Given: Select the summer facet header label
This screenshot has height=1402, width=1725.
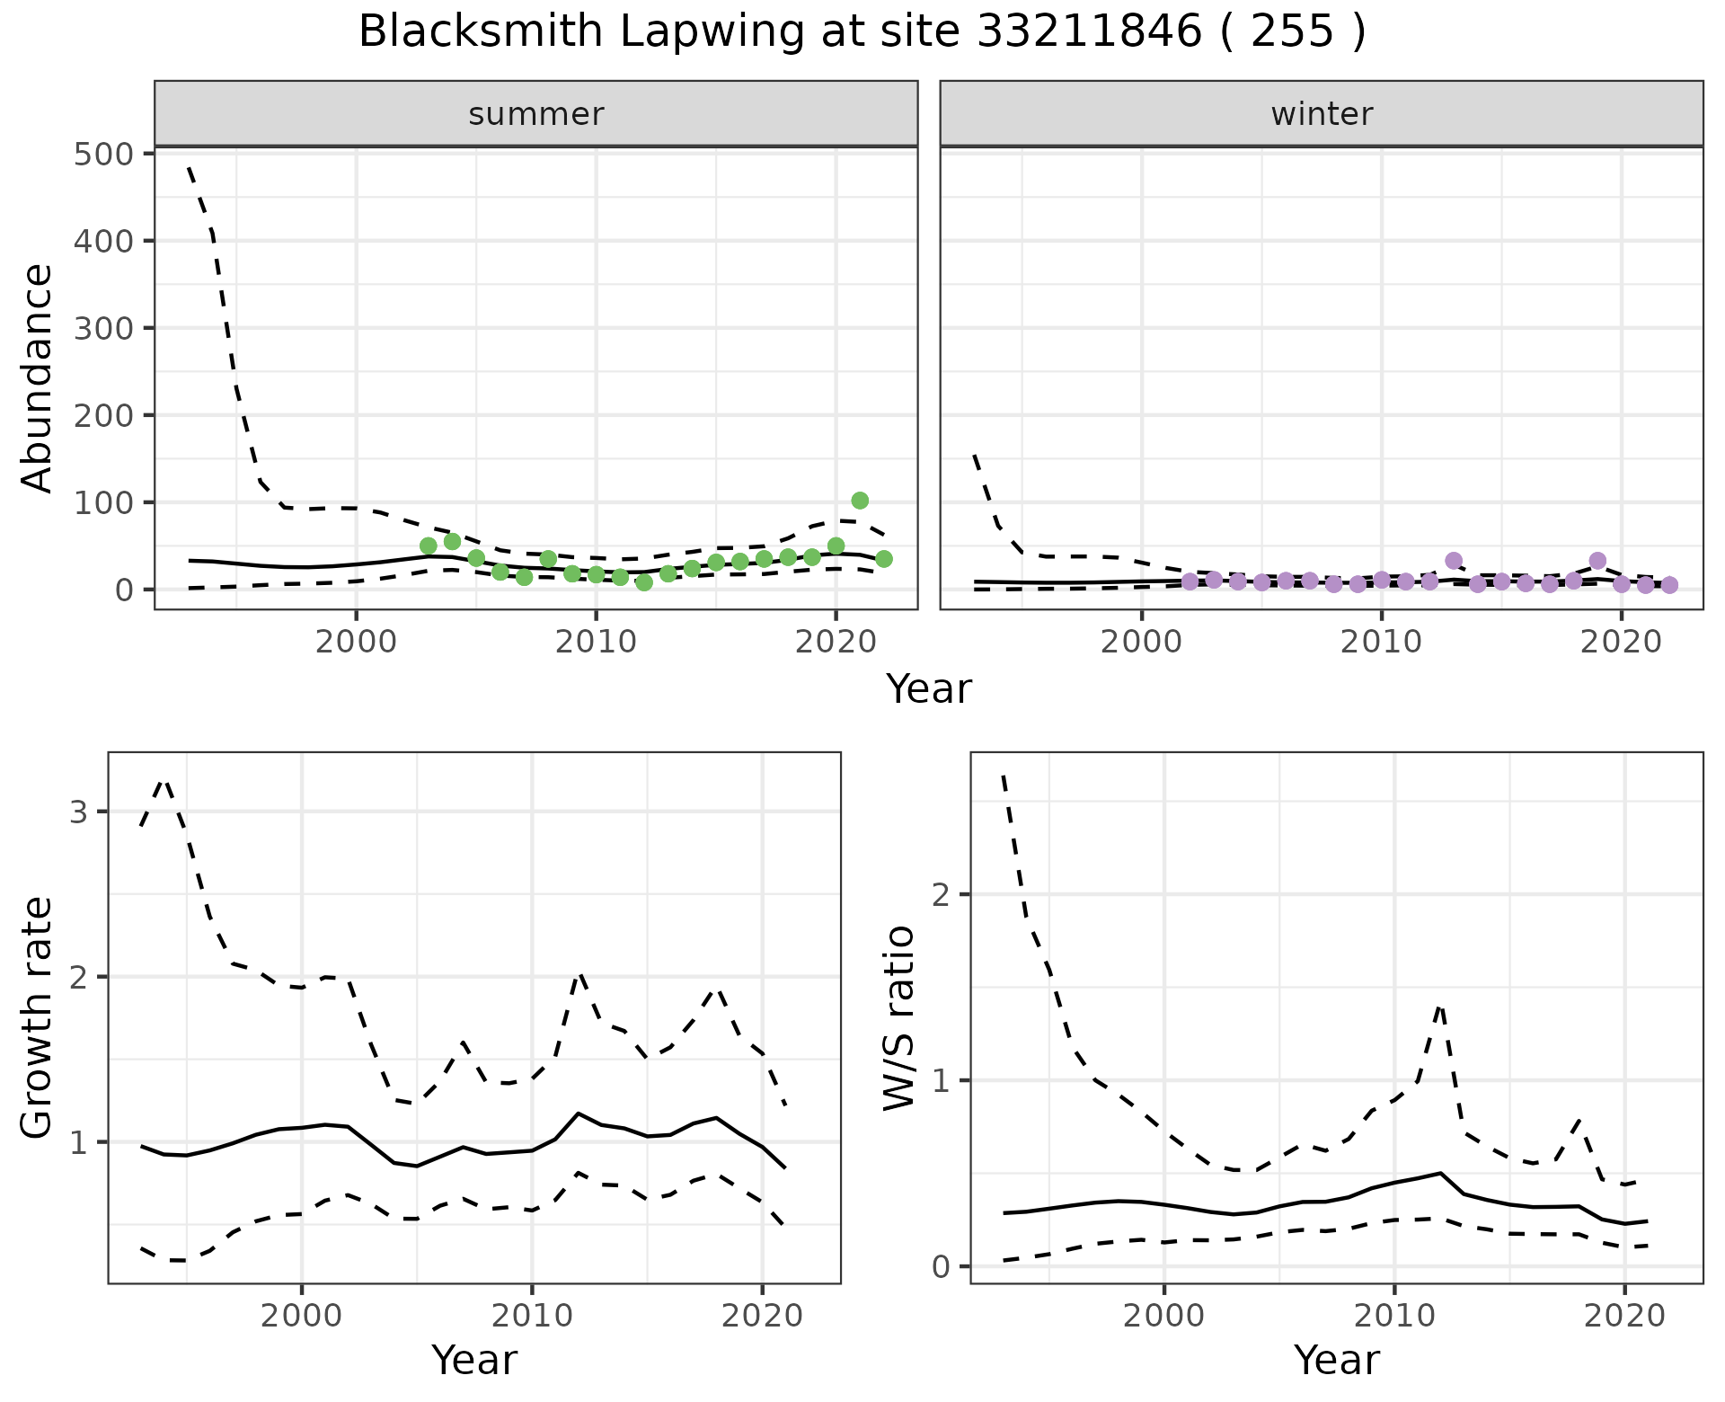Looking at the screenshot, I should tap(535, 114).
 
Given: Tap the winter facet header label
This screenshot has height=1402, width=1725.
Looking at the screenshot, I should tap(1322, 114).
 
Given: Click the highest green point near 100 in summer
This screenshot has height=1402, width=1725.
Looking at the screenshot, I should tap(860, 501).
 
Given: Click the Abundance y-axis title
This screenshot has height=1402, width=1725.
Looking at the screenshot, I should tap(38, 377).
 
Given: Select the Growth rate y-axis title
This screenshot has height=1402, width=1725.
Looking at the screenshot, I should tap(38, 1017).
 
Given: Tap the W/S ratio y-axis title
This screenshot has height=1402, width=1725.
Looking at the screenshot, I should tap(899, 1017).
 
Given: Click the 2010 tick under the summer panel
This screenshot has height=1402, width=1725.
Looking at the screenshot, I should tap(596, 643).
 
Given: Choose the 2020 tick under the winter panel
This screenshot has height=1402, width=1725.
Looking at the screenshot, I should tap(1621, 643).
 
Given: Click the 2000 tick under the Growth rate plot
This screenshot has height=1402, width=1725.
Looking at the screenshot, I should tap(302, 1317).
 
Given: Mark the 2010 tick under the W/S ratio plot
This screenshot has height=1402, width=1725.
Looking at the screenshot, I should tap(1393, 1317).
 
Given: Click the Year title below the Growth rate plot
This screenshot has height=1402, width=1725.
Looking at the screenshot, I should tap(473, 1361).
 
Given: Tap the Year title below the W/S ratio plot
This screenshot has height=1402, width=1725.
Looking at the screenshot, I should tap(1336, 1361).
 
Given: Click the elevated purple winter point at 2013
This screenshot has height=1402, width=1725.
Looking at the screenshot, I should tap(1454, 561).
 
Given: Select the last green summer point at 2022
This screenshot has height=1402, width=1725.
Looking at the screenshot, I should tap(884, 559).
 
